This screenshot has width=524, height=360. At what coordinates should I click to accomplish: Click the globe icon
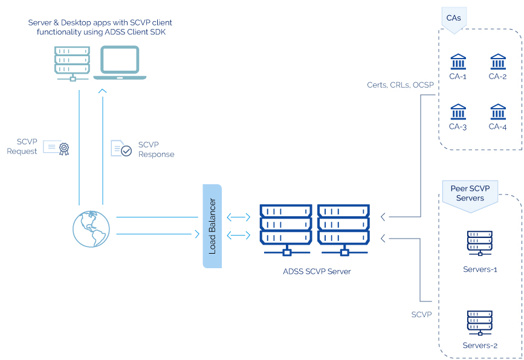[91, 228]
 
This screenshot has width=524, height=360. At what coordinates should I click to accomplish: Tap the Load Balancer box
[212, 226]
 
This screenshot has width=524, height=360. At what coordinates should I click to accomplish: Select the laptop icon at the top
[119, 63]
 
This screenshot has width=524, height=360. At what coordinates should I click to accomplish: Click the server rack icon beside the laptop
[72, 63]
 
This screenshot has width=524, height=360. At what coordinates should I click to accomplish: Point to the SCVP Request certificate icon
[56, 147]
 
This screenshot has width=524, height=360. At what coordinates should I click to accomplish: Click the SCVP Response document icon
[121, 149]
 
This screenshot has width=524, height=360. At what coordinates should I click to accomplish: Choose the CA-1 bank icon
[458, 62]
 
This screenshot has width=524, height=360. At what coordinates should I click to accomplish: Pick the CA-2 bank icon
[498, 62]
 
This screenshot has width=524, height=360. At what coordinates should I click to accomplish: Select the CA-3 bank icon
[458, 112]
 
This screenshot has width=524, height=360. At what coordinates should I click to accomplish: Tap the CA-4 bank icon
[498, 112]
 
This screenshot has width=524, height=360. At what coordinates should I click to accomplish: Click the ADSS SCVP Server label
[317, 271]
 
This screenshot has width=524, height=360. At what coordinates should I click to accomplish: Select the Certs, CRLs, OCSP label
[400, 85]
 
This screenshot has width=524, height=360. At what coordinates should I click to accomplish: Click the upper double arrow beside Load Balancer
[238, 217]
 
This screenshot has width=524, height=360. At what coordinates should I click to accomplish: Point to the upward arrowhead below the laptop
[102, 91]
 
